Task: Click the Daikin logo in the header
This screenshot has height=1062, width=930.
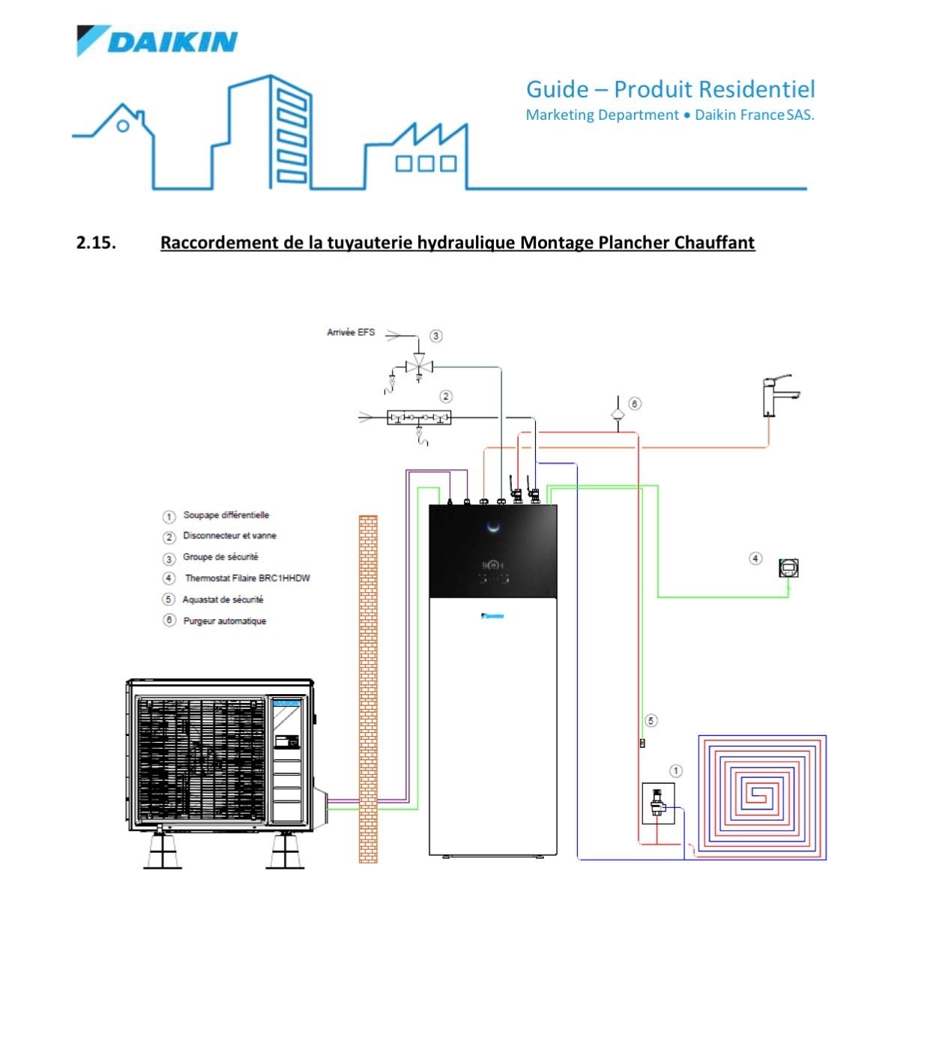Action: tap(157, 40)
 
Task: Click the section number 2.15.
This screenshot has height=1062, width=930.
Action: tap(96, 243)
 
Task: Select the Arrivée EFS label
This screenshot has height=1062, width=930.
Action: tap(350, 332)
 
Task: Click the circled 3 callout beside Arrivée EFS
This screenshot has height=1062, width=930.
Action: tap(435, 336)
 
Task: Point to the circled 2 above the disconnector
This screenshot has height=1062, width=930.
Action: tap(446, 396)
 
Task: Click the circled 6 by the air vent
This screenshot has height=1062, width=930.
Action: tap(634, 404)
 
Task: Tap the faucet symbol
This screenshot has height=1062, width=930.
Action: tap(776, 395)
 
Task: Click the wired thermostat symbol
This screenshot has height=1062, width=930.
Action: tap(789, 568)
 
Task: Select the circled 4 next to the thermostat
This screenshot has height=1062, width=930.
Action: tap(755, 558)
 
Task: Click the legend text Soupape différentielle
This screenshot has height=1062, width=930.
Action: tap(226, 515)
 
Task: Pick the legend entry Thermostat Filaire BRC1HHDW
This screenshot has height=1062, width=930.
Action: tap(247, 578)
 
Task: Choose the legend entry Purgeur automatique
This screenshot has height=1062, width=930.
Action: tap(224, 621)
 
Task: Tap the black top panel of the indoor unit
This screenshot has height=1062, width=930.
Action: tap(493, 551)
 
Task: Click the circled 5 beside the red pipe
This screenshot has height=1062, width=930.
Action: tap(650, 721)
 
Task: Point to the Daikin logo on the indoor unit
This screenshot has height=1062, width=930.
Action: tap(492, 616)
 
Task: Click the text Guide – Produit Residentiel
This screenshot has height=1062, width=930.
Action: tap(670, 89)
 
